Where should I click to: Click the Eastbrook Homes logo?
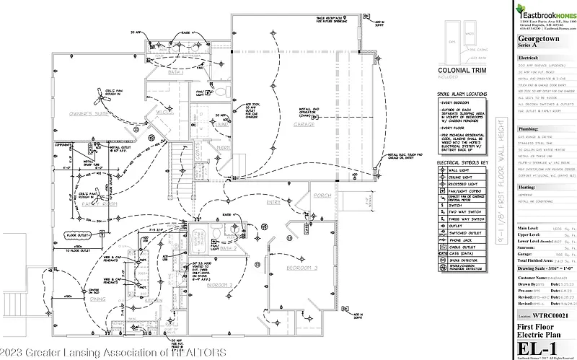[545, 12]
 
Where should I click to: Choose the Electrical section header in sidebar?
[529, 56]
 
